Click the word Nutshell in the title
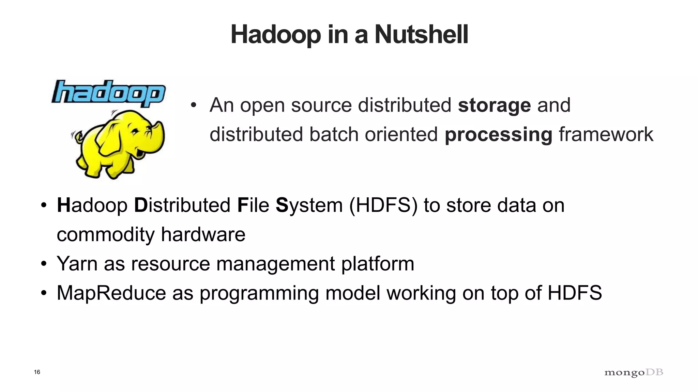pos(421,35)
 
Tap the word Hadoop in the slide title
pos(275,35)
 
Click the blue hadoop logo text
pos(108,92)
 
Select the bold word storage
pos(494,105)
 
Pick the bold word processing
pos(498,135)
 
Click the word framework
pos(606,134)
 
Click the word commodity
pos(106,235)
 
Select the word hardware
pos(203,234)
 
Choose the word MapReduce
pos(111,293)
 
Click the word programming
pos(259,293)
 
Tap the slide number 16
pos(37,372)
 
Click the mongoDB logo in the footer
pos(634,373)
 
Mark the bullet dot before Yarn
pos(43,264)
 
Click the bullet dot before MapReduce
pos(43,293)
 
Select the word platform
pos(378,264)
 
